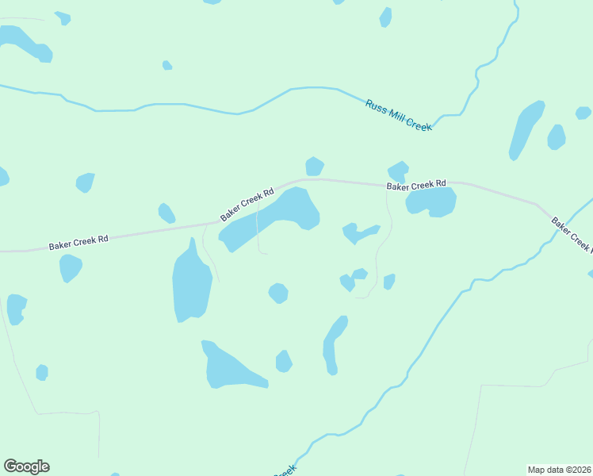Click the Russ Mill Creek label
398,115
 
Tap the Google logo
26,466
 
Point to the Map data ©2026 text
559,469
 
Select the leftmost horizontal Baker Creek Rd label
78,241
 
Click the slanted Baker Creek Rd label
247,204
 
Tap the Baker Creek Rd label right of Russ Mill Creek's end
416,185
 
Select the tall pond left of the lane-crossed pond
191,282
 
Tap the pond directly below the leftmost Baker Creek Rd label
70,267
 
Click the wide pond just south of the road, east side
431,202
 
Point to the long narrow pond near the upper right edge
525,129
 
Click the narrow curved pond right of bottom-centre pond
333,344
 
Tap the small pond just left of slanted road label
166,213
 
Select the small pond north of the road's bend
315,166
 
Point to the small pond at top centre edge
385,17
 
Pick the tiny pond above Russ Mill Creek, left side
166,65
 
